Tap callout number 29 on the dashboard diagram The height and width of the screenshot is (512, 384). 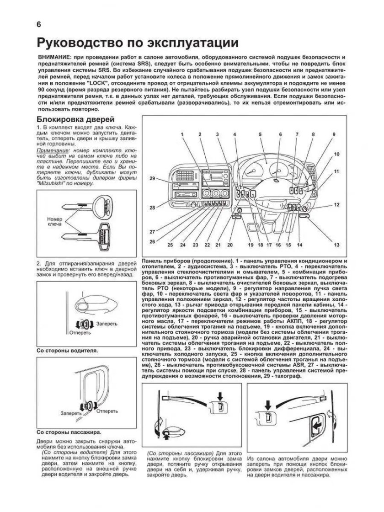pyautogui.click(x=152, y=179)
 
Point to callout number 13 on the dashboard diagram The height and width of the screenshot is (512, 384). pyautogui.click(x=337, y=245)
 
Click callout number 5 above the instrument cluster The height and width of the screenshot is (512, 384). pyautogui.click(x=259, y=134)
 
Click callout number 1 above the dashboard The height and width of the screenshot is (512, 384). pyautogui.click(x=181, y=134)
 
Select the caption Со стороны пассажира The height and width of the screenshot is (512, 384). pyautogui.click(x=68, y=431)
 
